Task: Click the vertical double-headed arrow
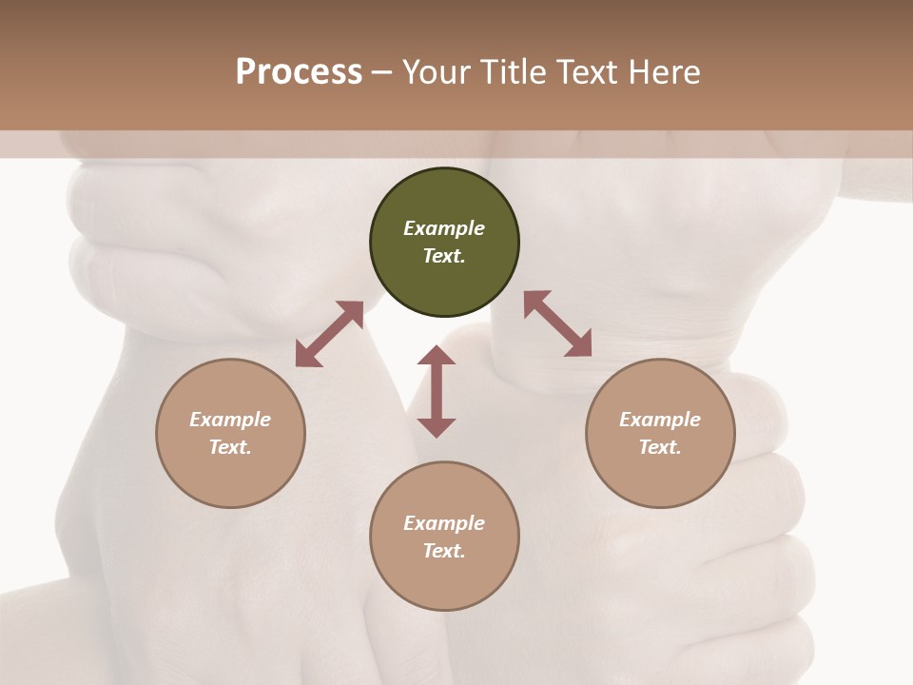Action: tap(437, 391)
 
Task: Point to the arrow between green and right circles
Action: tap(557, 323)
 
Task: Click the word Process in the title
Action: tap(299, 71)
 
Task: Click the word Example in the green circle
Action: tap(444, 228)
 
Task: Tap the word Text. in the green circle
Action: tap(444, 256)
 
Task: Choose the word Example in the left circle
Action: tap(230, 420)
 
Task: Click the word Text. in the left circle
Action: tap(230, 447)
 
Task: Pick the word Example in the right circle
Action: tap(660, 420)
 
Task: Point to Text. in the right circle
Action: tap(660, 447)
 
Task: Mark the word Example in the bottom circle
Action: tap(444, 523)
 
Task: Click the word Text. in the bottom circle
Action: tap(444, 551)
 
